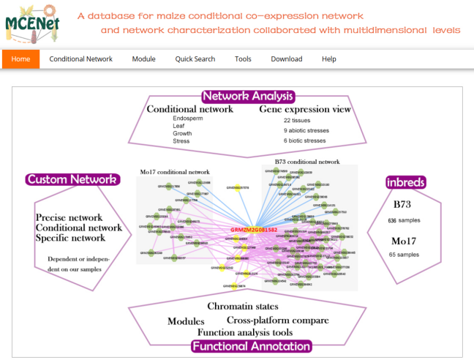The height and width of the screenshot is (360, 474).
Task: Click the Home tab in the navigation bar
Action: tap(20, 59)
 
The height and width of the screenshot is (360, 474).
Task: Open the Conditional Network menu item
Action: tap(81, 59)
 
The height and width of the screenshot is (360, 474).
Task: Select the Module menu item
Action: tap(143, 59)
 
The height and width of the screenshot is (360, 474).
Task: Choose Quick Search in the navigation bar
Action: tap(194, 59)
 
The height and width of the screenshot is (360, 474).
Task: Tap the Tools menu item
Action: tap(243, 59)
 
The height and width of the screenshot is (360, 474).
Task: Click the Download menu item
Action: tap(286, 59)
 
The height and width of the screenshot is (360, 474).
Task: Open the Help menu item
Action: tap(329, 59)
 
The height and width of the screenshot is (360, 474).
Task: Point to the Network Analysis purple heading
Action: tap(247, 97)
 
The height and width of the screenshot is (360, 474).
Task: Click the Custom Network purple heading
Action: tap(72, 179)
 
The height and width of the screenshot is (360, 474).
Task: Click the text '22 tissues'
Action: tap(298, 119)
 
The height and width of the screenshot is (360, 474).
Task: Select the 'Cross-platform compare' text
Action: tap(277, 320)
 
